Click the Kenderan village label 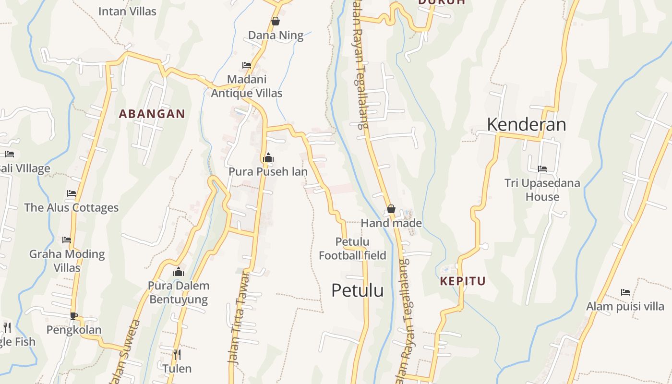pyautogui.click(x=527, y=124)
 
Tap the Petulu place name pyautogui.click(x=358, y=290)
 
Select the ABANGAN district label pyautogui.click(x=152, y=114)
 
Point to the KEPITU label pyautogui.click(x=463, y=281)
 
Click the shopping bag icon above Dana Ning pyautogui.click(x=276, y=21)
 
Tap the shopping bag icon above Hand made pyautogui.click(x=391, y=209)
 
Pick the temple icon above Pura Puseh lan pyautogui.click(x=268, y=157)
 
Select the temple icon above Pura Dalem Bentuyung pyautogui.click(x=179, y=272)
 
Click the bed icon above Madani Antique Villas pyautogui.click(x=247, y=65)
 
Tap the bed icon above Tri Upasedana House pyautogui.click(x=542, y=168)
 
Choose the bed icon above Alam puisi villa pyautogui.click(x=625, y=292)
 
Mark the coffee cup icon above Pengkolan pyautogui.click(x=73, y=315)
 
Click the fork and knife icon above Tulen pyautogui.click(x=177, y=355)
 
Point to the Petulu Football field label pyautogui.click(x=353, y=248)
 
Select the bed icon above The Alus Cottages pyautogui.click(x=72, y=193)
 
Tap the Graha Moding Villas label pyautogui.click(x=67, y=261)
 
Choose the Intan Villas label pyautogui.click(x=127, y=11)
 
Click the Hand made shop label pyautogui.click(x=391, y=223)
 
